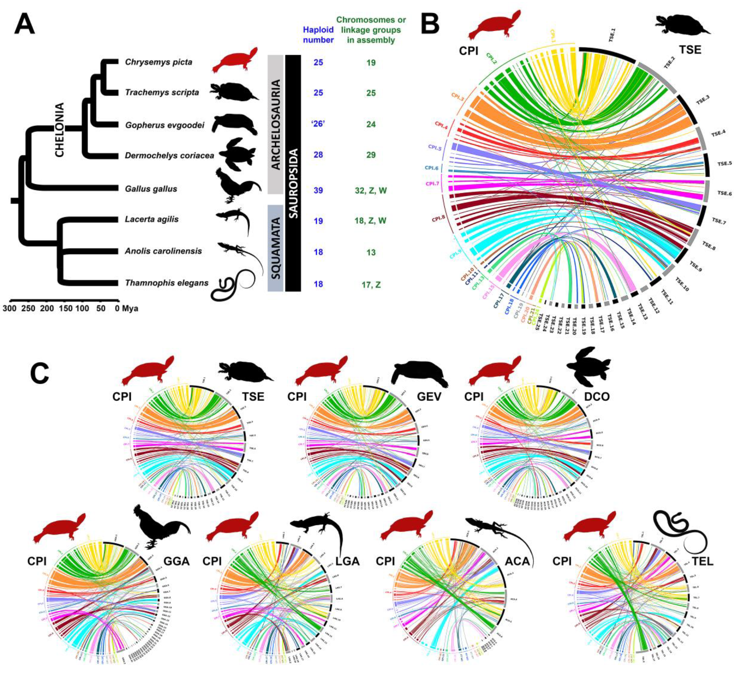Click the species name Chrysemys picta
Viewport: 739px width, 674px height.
coord(158,62)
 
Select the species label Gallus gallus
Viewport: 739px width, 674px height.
coord(151,189)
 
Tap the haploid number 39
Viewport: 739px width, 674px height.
coord(318,190)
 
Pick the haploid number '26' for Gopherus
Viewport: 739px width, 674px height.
coord(318,124)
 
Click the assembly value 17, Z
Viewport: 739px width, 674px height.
coord(371,285)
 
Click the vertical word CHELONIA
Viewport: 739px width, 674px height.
coord(59,130)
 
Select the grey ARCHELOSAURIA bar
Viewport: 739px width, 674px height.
coord(276,124)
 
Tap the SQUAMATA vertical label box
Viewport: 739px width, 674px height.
coord(276,248)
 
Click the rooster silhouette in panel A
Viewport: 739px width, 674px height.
coord(236,186)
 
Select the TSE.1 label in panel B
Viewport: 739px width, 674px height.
coord(612,35)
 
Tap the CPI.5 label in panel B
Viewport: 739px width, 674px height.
coord(435,148)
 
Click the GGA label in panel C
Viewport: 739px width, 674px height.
coord(176,561)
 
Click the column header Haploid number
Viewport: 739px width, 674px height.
coord(318,35)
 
